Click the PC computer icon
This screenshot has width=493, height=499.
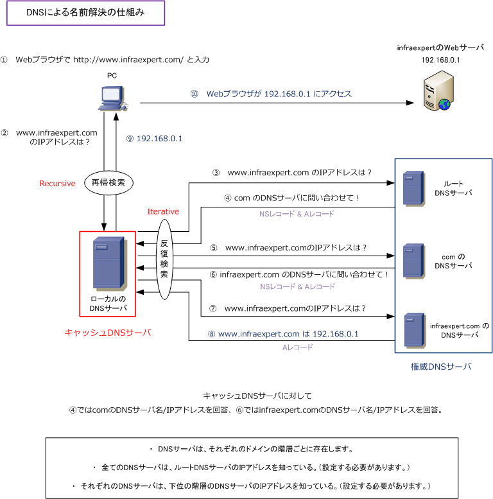[x=113, y=98]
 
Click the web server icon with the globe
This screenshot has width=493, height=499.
[x=438, y=91]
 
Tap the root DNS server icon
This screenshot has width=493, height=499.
[x=414, y=189]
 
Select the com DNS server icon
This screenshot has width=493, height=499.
[x=414, y=261]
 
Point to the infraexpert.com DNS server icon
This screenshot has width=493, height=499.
[x=415, y=330]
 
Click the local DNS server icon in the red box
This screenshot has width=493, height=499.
[x=110, y=264]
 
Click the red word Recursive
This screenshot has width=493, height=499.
[x=57, y=184]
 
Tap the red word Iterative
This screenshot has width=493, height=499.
[x=163, y=212]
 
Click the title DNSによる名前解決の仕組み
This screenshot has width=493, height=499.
[x=85, y=12]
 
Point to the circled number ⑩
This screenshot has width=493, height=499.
[x=195, y=94]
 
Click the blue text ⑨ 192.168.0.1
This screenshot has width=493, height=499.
[x=155, y=139]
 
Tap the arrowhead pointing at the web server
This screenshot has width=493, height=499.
[x=410, y=103]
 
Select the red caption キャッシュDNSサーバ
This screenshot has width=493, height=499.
[x=107, y=333]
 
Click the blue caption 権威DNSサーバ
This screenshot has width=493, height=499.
[x=441, y=367]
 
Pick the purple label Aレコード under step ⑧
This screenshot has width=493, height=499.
[x=297, y=347]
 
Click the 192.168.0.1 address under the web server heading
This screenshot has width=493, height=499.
[x=440, y=60]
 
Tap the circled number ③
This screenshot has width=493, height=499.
[x=216, y=173]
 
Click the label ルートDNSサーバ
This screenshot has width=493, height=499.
[x=453, y=188]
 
